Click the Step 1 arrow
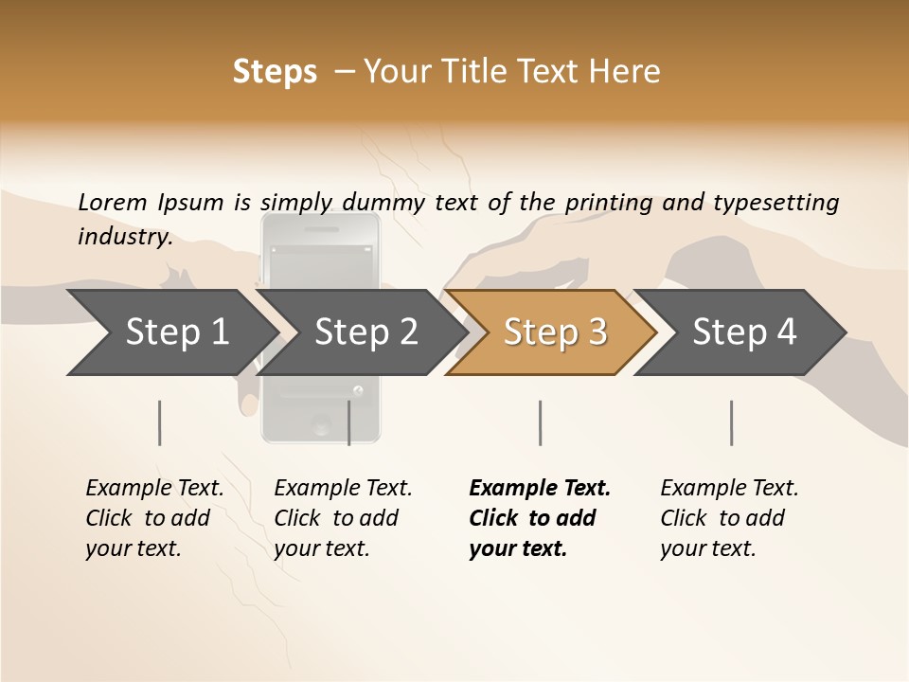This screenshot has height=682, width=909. (175, 332)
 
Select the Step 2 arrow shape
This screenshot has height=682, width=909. (365, 332)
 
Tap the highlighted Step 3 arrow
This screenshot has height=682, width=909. (554, 332)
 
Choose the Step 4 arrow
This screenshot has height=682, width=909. (743, 332)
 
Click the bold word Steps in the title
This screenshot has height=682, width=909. (275, 72)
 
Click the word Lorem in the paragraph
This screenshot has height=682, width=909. (113, 202)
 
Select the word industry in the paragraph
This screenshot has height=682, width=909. (125, 236)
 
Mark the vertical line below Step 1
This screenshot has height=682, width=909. (159, 422)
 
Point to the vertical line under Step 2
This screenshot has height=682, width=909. (349, 422)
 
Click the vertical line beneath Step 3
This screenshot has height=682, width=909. (540, 422)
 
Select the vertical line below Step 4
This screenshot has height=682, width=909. (731, 422)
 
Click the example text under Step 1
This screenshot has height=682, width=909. (154, 518)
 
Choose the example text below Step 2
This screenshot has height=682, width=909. (343, 518)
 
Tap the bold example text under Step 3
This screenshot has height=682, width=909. (540, 518)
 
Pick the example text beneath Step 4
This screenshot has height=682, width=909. (729, 518)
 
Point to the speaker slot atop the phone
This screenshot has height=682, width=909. (321, 230)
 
